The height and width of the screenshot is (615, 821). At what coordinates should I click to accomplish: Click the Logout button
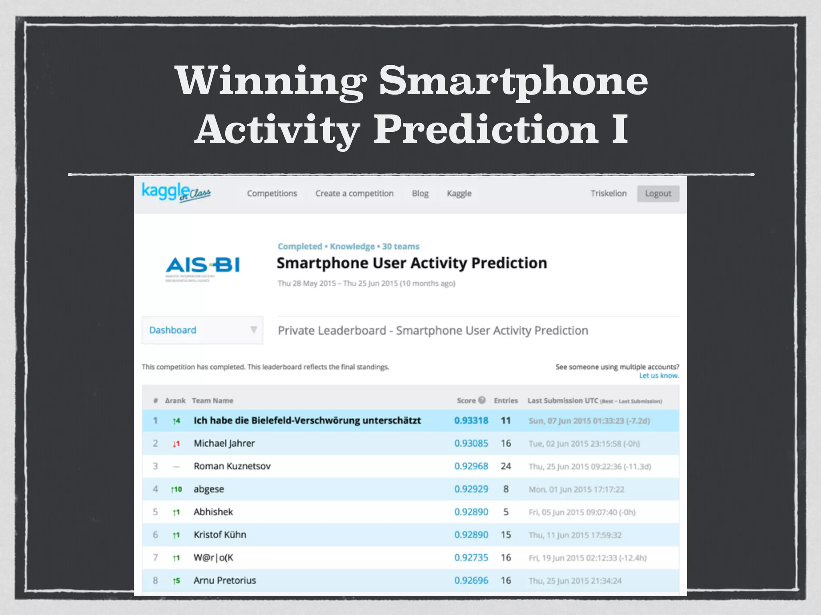click(658, 194)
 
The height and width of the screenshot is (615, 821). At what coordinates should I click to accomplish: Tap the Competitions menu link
click(272, 193)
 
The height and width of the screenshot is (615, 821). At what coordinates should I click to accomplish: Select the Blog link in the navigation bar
click(420, 193)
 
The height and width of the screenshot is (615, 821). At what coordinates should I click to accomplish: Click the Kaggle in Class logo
click(176, 193)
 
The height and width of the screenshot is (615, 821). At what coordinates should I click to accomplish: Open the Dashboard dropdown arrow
click(254, 330)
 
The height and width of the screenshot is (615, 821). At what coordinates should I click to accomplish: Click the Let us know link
click(659, 376)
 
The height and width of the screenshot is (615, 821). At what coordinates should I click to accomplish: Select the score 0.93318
click(471, 420)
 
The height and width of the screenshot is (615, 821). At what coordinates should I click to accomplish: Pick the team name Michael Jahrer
click(224, 443)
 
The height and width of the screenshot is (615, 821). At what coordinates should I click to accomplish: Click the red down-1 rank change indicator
click(176, 444)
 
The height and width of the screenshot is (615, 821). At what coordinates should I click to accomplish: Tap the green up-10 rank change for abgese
click(176, 489)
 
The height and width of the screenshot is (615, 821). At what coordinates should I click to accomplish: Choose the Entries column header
click(506, 400)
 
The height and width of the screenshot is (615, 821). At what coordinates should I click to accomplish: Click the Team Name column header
click(212, 400)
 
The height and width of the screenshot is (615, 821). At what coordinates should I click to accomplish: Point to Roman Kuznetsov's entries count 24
click(506, 466)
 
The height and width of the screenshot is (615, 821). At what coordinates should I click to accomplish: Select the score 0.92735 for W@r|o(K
click(471, 558)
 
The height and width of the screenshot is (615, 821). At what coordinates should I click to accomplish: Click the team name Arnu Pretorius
click(224, 581)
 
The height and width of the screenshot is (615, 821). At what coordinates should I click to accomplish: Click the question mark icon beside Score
click(482, 400)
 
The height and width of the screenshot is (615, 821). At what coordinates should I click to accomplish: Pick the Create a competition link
click(354, 193)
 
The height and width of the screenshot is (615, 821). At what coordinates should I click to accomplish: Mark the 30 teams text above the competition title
click(400, 246)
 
